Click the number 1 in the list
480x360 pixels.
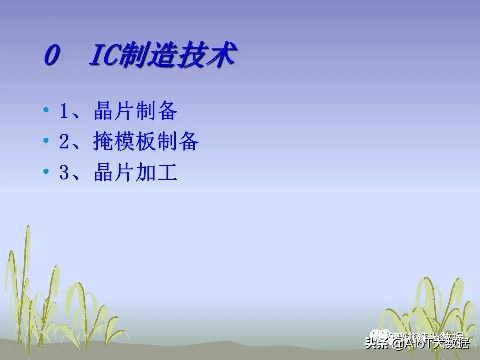coord(64,112)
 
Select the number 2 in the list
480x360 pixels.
coord(64,143)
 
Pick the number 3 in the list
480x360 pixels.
coord(64,173)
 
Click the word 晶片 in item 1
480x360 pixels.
coord(114,112)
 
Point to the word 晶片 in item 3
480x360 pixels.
coord(114,173)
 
